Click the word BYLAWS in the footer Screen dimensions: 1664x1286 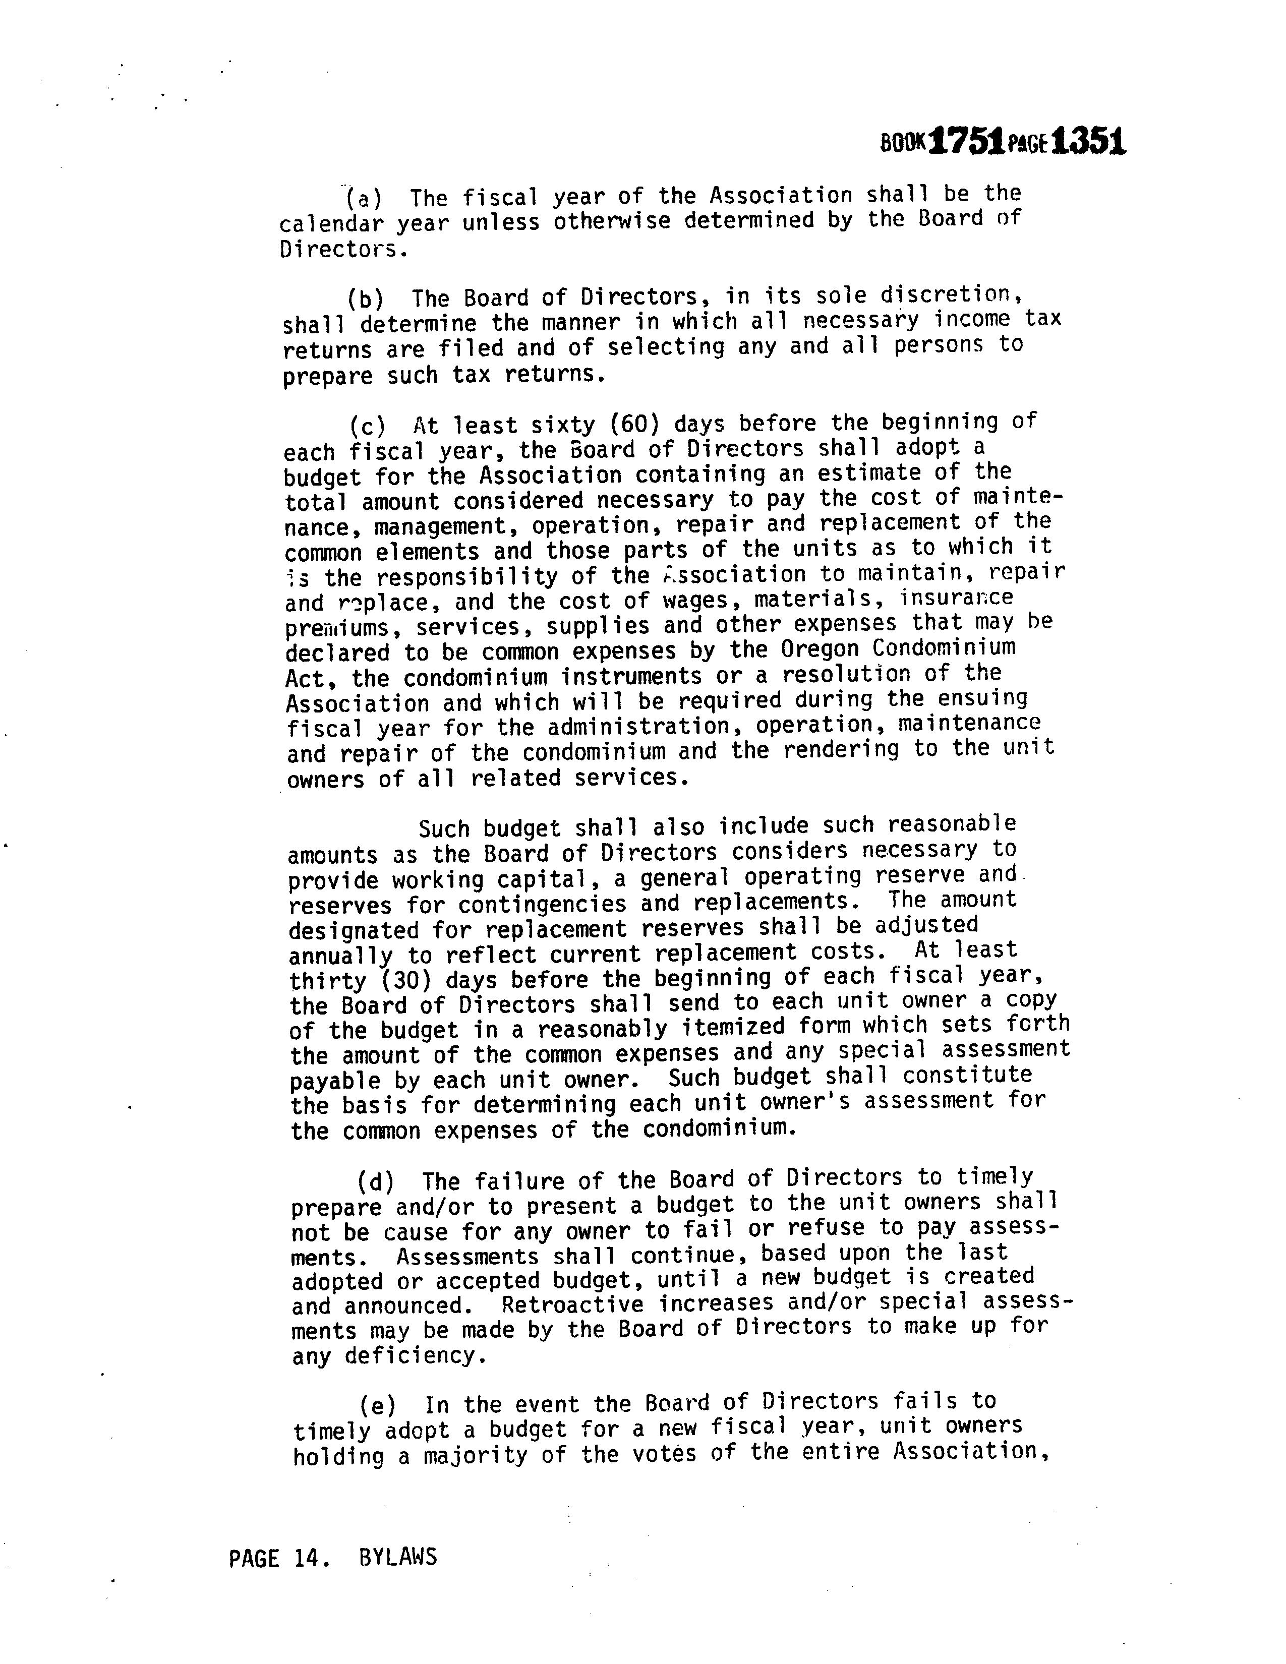point(398,1557)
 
